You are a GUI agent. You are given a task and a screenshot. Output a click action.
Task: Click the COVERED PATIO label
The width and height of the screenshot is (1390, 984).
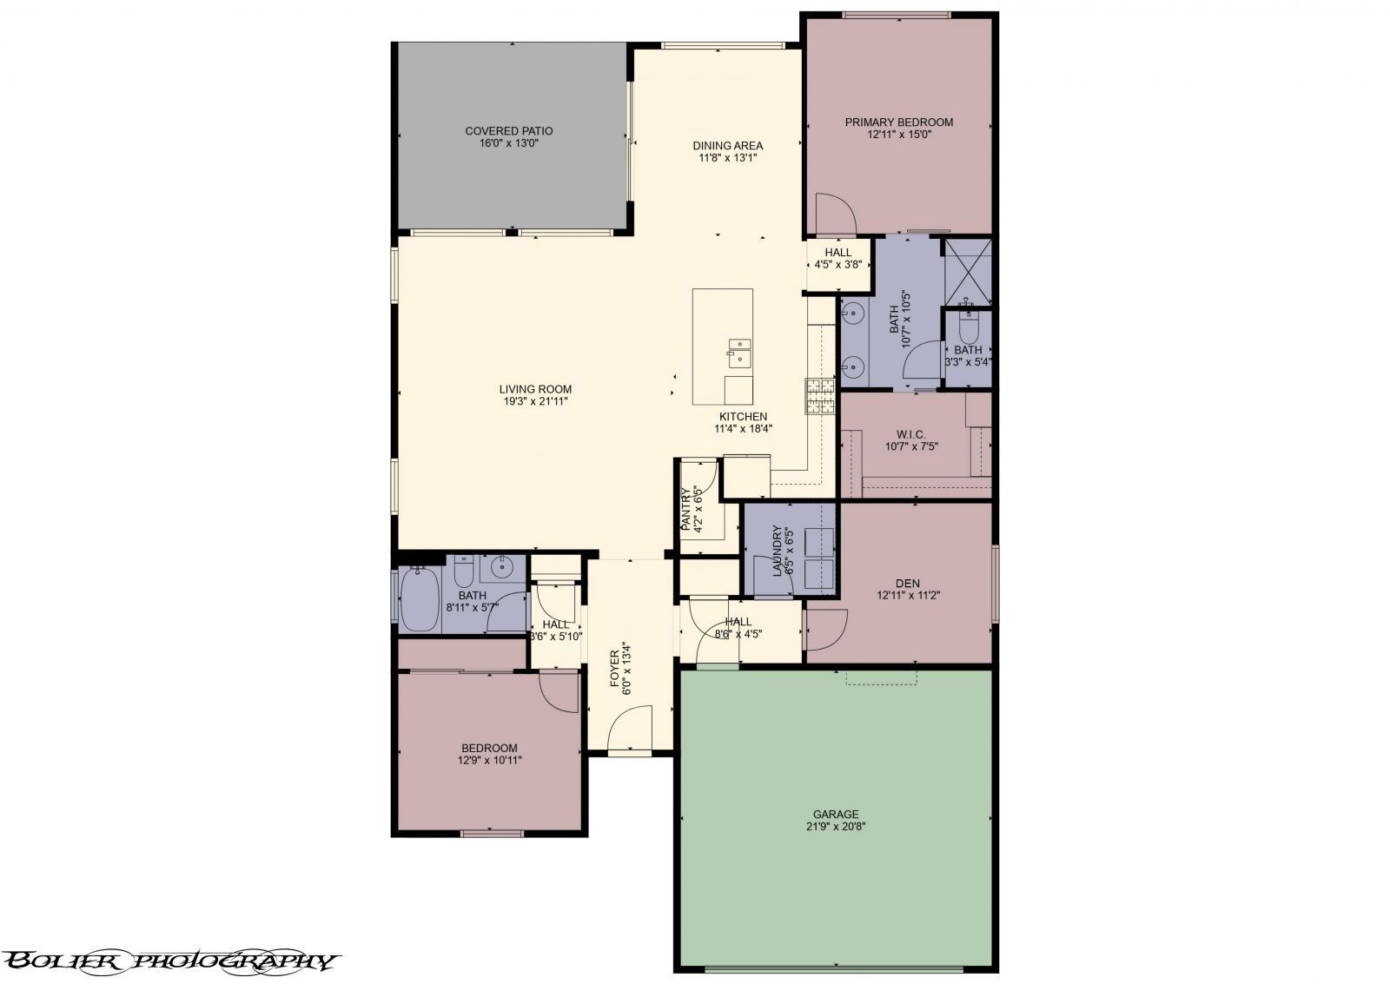point(508,131)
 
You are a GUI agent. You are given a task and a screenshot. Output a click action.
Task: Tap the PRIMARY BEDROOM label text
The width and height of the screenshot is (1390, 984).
point(898,122)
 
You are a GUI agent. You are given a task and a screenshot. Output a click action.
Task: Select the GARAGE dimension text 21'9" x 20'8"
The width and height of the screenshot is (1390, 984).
point(835,827)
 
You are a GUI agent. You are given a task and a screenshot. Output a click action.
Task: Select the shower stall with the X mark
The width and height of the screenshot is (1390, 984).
point(967,270)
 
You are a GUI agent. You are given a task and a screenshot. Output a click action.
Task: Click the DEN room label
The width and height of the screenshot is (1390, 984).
point(907,583)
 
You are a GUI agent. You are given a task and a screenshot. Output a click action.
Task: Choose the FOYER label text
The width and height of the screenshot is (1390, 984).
point(616,667)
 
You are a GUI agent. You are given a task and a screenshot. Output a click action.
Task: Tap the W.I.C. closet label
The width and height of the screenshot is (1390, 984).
point(910,434)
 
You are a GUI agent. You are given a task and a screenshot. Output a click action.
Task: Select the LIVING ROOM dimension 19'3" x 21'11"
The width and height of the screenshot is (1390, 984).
point(535,402)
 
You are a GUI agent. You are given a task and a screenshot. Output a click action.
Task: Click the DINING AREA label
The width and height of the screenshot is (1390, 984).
point(727,145)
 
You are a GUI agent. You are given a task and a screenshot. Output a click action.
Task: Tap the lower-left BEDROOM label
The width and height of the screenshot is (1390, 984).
point(489,748)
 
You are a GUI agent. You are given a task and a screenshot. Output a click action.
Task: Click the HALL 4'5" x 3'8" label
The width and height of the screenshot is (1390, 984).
point(837,253)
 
